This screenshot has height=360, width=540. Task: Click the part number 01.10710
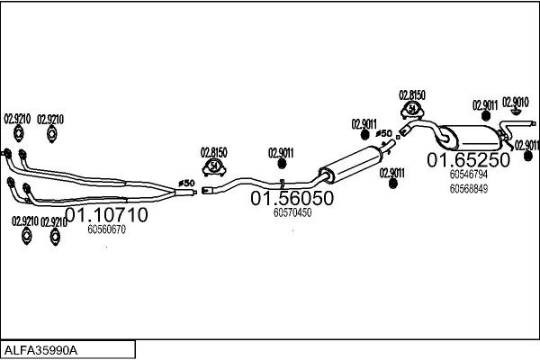107,216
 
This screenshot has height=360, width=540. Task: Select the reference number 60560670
106,230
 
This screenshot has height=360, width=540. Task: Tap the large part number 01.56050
292,198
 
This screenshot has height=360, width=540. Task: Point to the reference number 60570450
292,213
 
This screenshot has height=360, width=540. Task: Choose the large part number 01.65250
468,159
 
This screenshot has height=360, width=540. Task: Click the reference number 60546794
468,175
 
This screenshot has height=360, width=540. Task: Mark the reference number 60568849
468,189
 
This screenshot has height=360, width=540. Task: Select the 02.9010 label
515,103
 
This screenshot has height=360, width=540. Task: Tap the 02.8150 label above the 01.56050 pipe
213,151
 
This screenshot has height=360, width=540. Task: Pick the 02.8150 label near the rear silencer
411,94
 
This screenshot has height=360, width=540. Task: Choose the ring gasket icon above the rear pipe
412,110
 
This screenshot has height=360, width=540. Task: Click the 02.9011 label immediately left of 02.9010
484,104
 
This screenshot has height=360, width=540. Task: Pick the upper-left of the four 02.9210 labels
17,119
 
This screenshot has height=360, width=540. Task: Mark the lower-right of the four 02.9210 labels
54,221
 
